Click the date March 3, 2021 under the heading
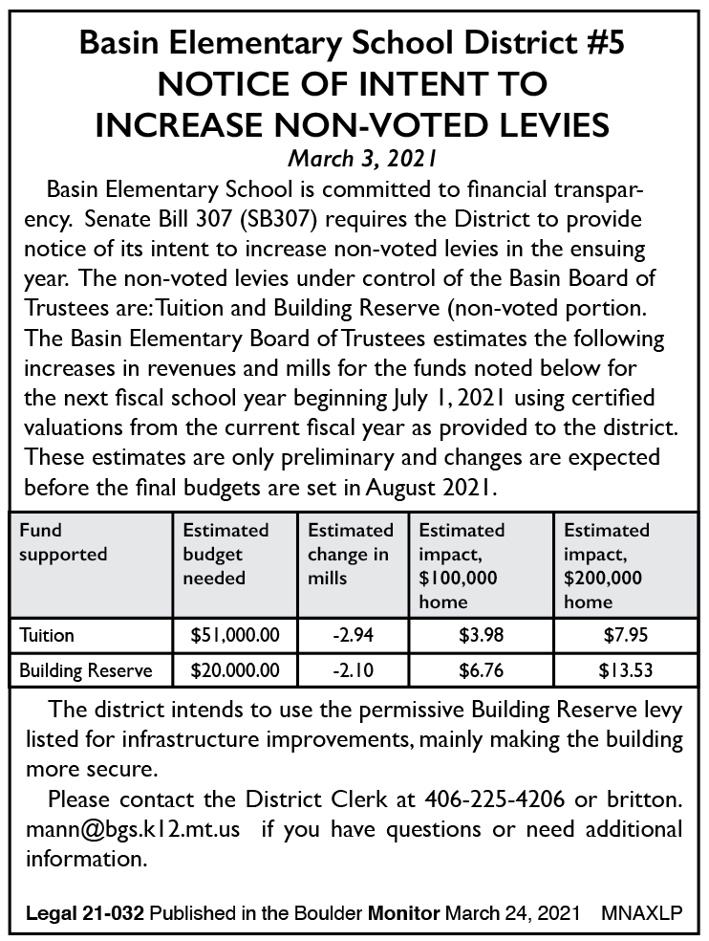pyautogui.click(x=354, y=156)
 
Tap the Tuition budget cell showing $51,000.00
pyautogui.click(x=235, y=635)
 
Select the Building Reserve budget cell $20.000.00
pyautogui.click(x=235, y=670)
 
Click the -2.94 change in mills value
pyautogui.click(x=352, y=635)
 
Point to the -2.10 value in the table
pyautogui.click(x=352, y=670)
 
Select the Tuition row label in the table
pyautogui.click(x=47, y=635)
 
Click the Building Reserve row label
pyautogui.click(x=86, y=670)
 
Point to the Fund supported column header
pyautogui.click(x=63, y=542)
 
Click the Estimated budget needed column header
pyautogui.click(x=226, y=554)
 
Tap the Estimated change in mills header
pyautogui.click(x=351, y=554)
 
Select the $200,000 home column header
pyautogui.click(x=607, y=566)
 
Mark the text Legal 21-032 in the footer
pyautogui.click(x=85, y=913)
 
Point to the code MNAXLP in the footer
pyautogui.click(x=642, y=913)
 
